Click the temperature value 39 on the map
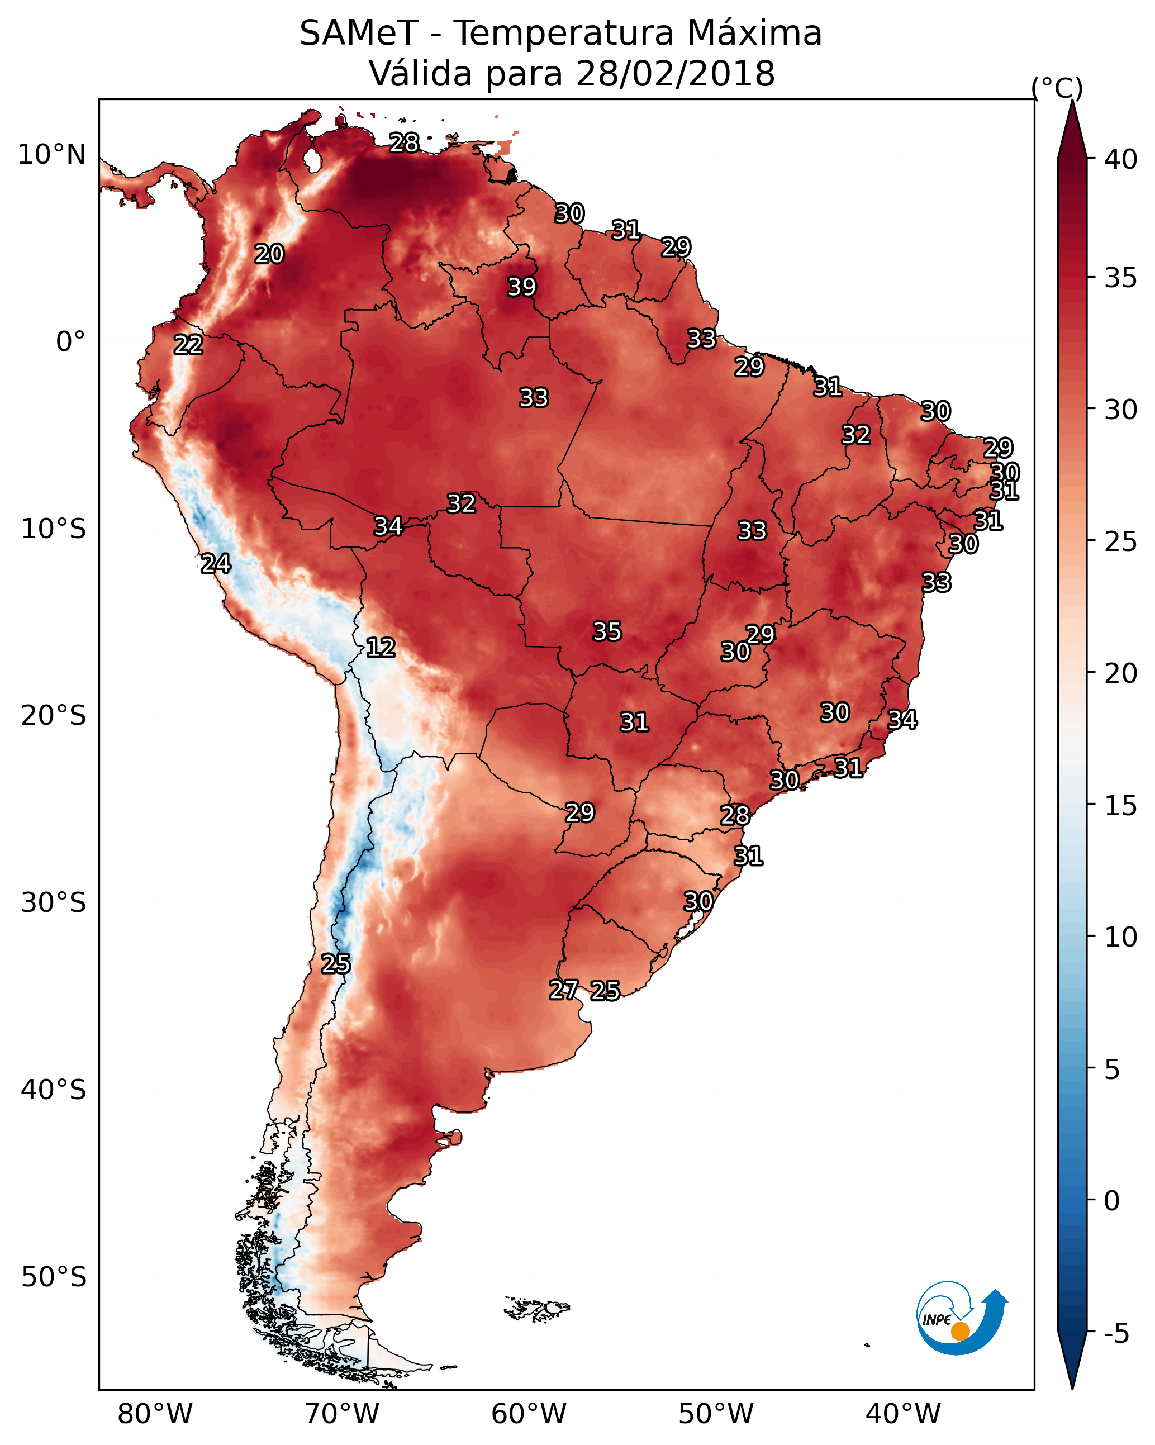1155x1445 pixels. point(521,287)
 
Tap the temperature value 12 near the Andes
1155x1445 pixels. point(380,648)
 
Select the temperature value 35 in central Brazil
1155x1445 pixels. point(607,631)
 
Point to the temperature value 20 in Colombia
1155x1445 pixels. point(269,254)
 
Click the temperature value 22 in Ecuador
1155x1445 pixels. point(188,345)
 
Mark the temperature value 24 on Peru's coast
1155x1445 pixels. point(216,564)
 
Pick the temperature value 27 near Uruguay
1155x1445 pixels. point(564,990)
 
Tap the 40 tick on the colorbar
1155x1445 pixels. point(1121,159)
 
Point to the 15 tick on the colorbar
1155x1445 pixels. point(1121,806)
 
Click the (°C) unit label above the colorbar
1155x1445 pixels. point(1057,88)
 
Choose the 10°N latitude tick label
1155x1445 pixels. point(51,155)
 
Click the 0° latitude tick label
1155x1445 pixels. point(71,342)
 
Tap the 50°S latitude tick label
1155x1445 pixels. point(54,1277)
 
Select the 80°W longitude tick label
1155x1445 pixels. point(155,1414)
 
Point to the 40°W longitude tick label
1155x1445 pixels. point(903,1414)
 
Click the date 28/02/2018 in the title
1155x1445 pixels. point(675,74)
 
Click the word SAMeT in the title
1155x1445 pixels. point(359,34)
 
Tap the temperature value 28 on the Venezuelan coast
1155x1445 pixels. point(404,142)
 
